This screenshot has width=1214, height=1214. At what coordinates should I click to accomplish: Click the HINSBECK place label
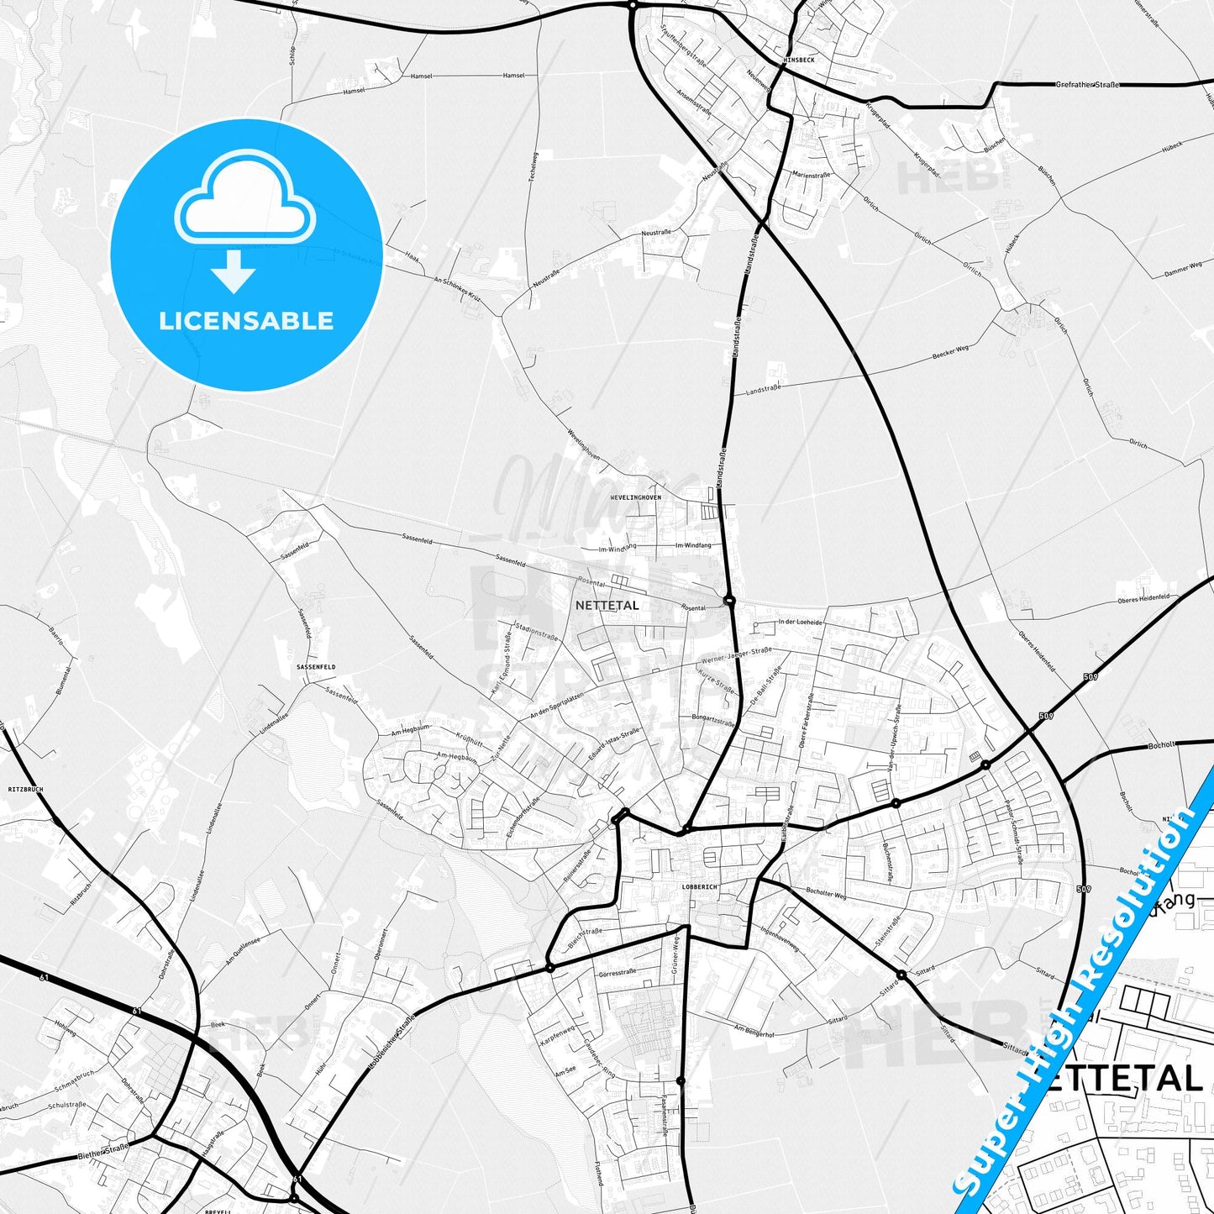(x=797, y=60)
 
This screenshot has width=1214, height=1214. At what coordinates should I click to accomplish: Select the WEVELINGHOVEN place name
(x=636, y=497)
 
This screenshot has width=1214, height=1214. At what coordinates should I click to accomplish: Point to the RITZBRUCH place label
(x=25, y=790)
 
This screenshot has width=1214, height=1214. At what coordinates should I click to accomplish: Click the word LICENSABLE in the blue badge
(x=246, y=321)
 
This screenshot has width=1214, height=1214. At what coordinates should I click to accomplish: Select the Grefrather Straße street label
(x=1087, y=85)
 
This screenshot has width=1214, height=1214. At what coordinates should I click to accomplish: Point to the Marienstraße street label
(x=812, y=175)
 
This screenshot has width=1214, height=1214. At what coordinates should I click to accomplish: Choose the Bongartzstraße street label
(x=713, y=721)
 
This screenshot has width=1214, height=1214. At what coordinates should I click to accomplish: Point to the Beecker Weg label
(x=950, y=353)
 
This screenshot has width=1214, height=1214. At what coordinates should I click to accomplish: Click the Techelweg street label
(x=532, y=172)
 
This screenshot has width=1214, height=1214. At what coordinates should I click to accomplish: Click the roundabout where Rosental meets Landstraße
(x=728, y=600)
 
